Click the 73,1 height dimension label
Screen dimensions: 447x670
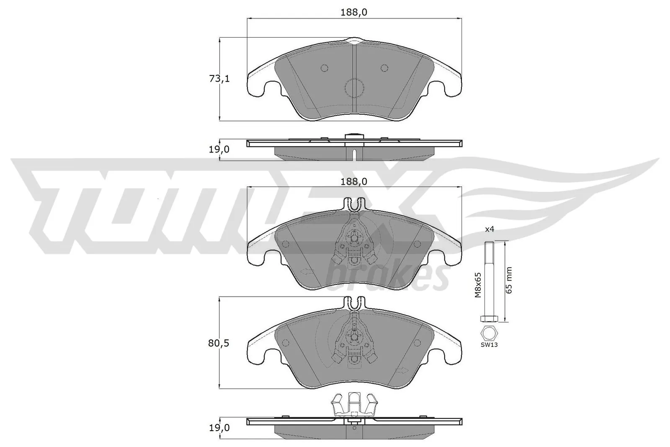tap(219, 79)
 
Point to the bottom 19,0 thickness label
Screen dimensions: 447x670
tap(219, 428)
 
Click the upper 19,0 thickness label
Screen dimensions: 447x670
tap(219, 149)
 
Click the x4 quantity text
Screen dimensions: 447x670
tap(490, 230)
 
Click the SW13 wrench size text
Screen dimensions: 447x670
tap(489, 345)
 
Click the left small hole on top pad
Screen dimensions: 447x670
tap(324, 68)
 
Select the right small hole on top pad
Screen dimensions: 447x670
tap(384, 68)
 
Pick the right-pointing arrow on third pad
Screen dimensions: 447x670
tap(402, 370)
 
